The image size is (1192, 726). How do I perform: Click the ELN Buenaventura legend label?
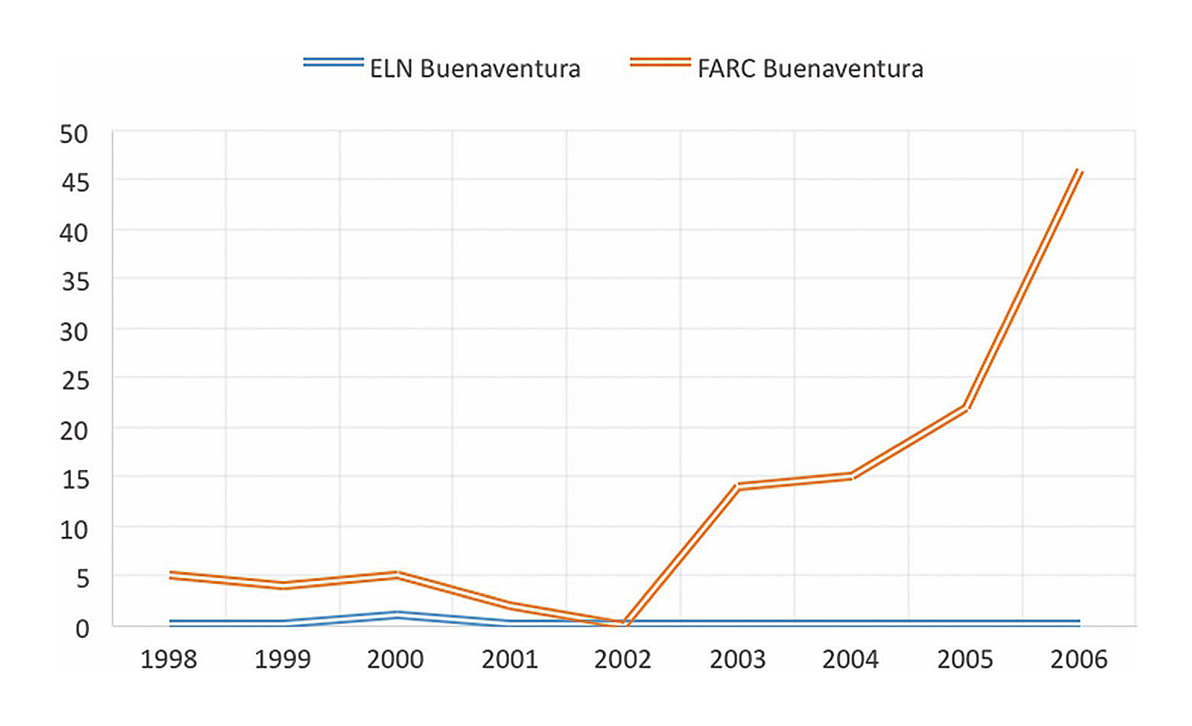point(474,69)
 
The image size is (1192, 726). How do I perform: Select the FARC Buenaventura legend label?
point(810,69)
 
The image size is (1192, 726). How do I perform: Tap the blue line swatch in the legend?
point(333,63)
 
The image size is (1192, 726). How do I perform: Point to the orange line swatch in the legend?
point(660,63)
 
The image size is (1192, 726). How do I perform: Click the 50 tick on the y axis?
point(74,134)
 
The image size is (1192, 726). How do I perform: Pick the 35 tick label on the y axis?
point(74,282)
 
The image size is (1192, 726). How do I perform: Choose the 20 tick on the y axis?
point(74,431)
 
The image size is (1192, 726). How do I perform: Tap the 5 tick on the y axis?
point(82,579)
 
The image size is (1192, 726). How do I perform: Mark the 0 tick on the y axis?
point(82,628)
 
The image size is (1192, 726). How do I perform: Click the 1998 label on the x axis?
point(168,660)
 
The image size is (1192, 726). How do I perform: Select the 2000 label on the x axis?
point(396,660)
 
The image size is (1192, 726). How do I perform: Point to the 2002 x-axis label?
point(623,660)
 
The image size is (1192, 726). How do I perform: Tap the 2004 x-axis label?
point(851,660)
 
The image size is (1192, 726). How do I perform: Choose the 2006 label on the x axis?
point(1079,660)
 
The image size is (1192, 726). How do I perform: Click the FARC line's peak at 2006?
point(1079,171)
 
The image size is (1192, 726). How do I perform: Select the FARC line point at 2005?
point(965,408)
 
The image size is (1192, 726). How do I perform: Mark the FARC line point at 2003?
point(737,487)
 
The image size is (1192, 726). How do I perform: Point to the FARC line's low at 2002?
point(624,624)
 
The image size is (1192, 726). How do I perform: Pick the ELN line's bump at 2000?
point(397,615)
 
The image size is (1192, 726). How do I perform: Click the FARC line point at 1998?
point(170,575)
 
